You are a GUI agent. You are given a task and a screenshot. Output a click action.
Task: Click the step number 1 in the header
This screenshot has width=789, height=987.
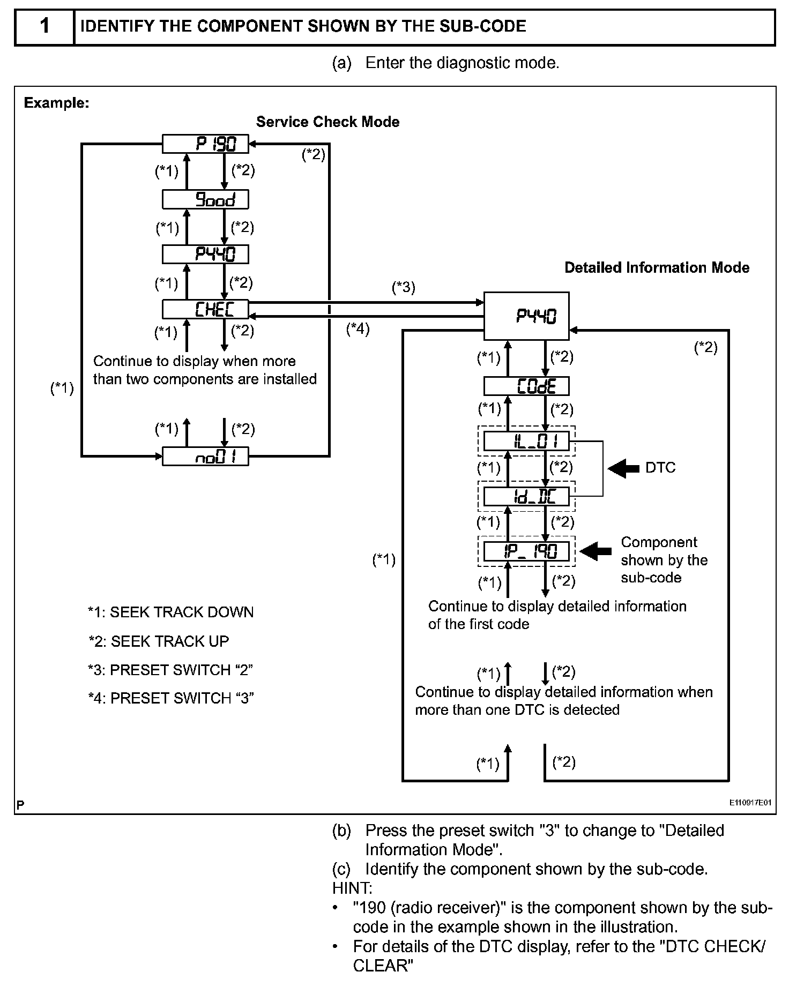[x=44, y=26]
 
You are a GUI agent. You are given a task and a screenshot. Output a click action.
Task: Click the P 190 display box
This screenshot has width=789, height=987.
[x=206, y=144]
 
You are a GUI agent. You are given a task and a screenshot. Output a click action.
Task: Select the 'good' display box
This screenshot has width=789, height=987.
[x=206, y=200]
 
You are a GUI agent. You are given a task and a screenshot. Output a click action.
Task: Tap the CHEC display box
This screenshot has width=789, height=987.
[x=206, y=309]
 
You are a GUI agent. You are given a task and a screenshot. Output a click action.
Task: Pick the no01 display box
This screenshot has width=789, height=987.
[x=206, y=457]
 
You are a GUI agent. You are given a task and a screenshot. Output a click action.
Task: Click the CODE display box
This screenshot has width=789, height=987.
[x=526, y=386]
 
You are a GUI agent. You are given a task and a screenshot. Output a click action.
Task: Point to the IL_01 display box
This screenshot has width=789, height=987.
[x=526, y=442]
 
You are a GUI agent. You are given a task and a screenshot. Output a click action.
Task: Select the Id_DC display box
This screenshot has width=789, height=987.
[x=526, y=496]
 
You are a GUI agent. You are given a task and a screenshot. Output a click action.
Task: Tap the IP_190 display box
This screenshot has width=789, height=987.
[x=526, y=551]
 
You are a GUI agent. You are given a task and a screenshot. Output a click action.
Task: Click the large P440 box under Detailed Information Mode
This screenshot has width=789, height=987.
[x=526, y=316]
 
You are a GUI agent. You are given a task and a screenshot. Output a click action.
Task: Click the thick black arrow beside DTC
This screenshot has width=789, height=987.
[x=623, y=468]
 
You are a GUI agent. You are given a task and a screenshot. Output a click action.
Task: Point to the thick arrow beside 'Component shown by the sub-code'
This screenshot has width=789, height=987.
[x=596, y=551]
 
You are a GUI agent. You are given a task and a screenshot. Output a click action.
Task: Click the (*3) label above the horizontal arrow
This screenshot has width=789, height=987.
[x=403, y=288]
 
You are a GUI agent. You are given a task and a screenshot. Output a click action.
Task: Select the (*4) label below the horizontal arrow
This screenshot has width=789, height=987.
[x=358, y=328]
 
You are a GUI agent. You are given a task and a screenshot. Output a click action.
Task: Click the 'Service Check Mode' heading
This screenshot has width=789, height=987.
[x=327, y=122]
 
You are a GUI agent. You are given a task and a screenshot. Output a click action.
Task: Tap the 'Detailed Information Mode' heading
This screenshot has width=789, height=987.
[x=657, y=268]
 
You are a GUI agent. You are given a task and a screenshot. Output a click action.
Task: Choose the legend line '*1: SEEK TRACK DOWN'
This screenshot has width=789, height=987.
[x=171, y=612]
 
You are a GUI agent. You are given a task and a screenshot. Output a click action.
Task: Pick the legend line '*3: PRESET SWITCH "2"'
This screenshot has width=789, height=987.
[x=170, y=670]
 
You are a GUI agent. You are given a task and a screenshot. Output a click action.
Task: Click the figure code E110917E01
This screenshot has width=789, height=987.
[x=750, y=803]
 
